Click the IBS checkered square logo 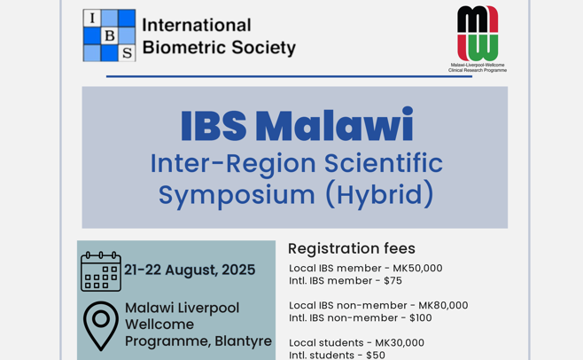(x=109, y=35)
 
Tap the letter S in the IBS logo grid (x=128, y=53)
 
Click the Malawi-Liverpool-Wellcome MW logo (x=478, y=33)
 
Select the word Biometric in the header (x=184, y=47)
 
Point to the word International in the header (x=197, y=26)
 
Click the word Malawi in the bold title (x=334, y=125)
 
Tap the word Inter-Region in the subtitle (x=233, y=163)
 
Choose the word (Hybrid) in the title (x=379, y=194)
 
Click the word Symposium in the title (x=237, y=195)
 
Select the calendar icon (x=101, y=271)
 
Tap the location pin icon (x=101, y=325)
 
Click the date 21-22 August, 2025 (x=190, y=270)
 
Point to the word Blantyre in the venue (x=243, y=341)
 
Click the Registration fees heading (x=352, y=248)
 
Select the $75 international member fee (x=393, y=280)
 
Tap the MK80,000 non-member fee (x=443, y=305)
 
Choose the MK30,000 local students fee (x=400, y=342)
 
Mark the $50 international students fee (x=376, y=355)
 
